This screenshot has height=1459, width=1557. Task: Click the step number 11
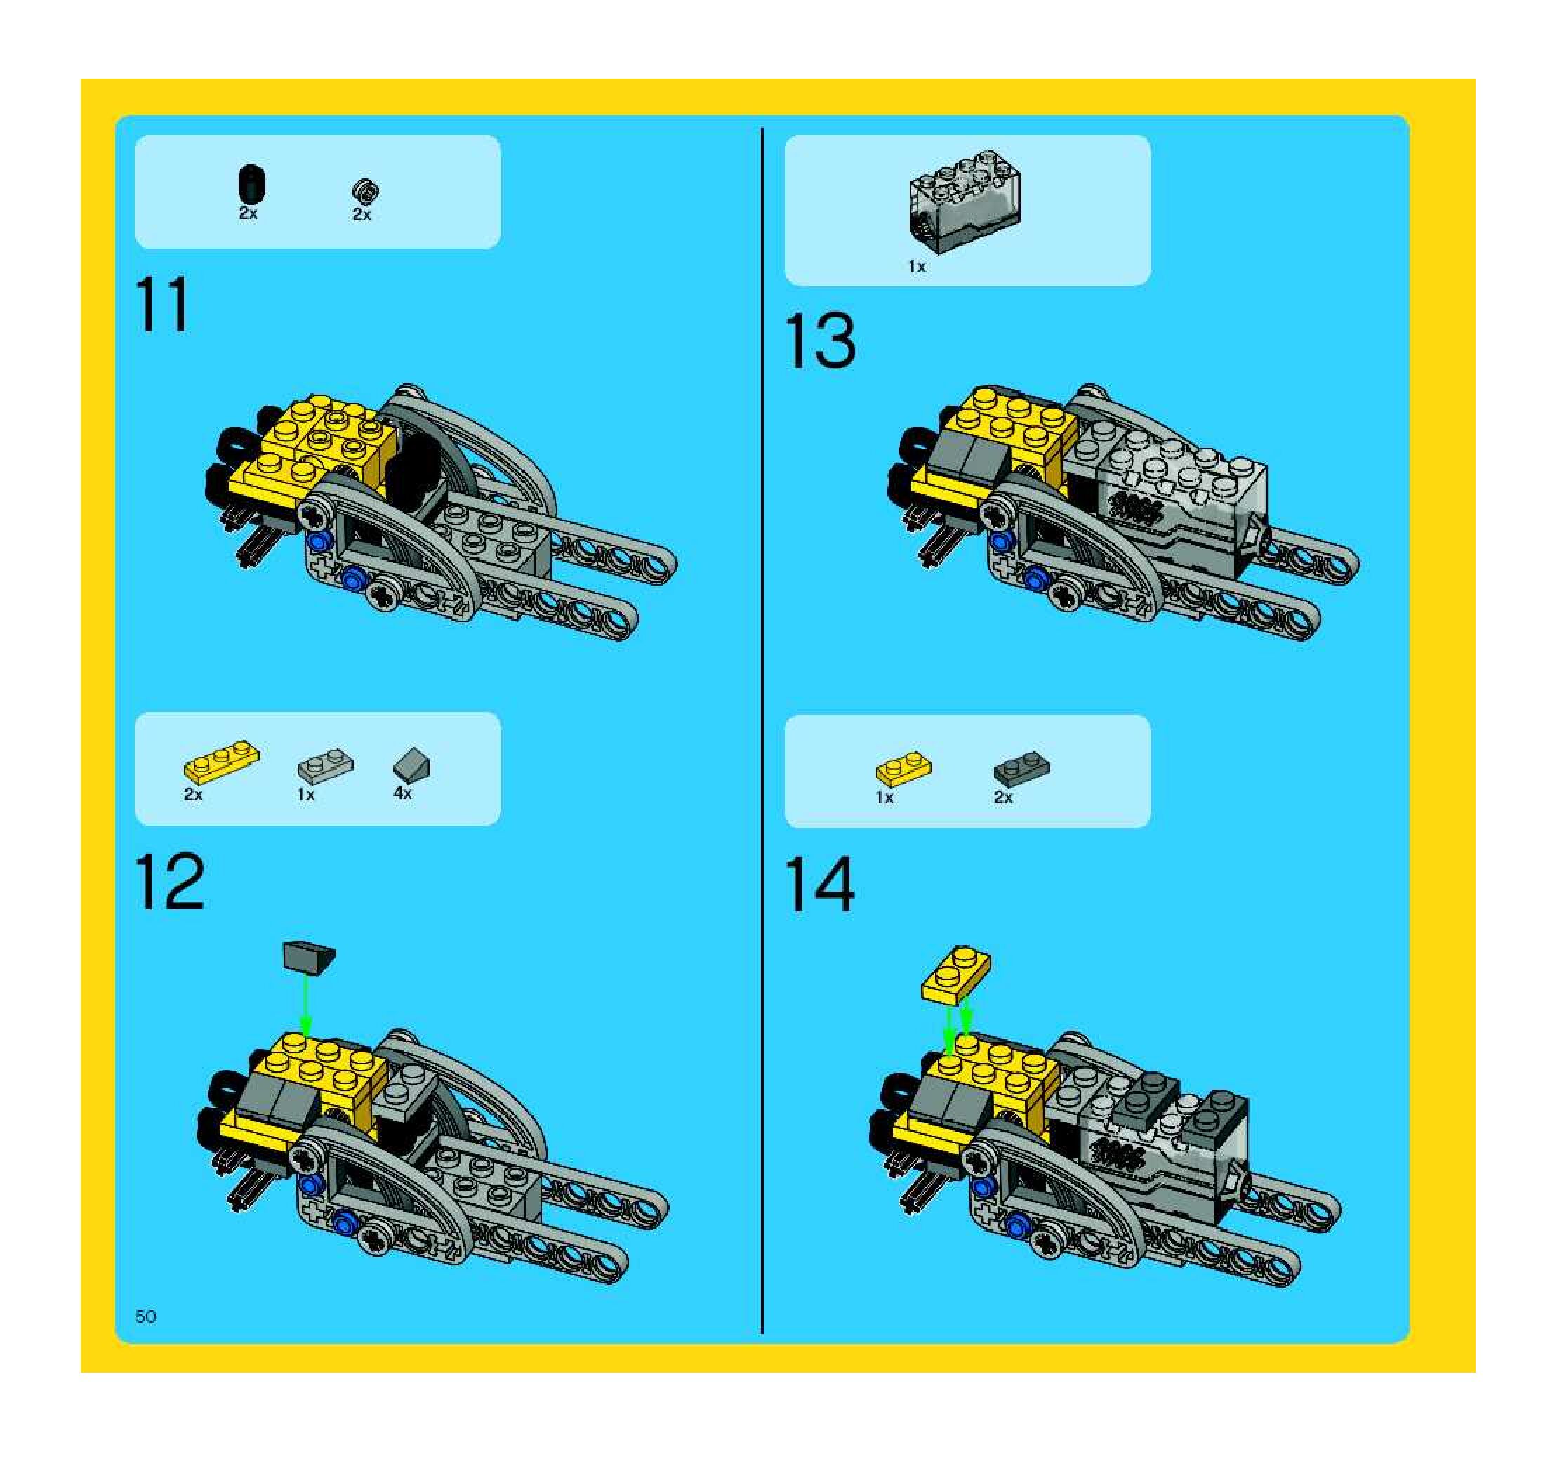(x=162, y=305)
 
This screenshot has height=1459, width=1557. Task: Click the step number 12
(x=169, y=881)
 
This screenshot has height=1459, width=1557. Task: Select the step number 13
(x=820, y=341)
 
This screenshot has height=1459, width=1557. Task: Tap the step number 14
(x=819, y=884)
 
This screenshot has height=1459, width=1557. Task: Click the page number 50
(x=146, y=1316)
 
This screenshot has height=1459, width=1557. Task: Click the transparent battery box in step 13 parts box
(x=964, y=202)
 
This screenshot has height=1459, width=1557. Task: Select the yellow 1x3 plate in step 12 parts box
(x=222, y=762)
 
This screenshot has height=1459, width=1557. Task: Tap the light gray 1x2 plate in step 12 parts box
(x=325, y=765)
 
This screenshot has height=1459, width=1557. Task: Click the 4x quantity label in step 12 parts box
(x=402, y=793)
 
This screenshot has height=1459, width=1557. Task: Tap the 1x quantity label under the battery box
(x=916, y=267)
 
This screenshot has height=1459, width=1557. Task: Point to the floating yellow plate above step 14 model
(x=956, y=975)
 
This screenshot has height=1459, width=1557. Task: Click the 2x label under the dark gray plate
(x=1003, y=797)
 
